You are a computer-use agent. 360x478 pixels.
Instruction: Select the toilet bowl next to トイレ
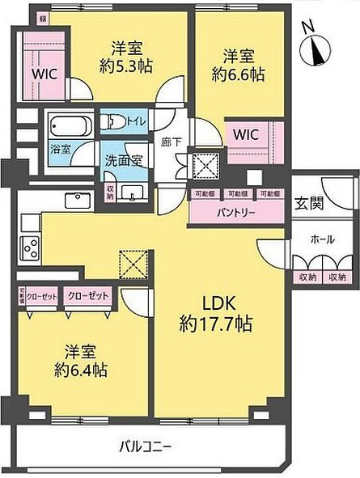pyautogui.click(x=111, y=122)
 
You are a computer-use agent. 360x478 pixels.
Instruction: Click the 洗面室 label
pyautogui.click(x=123, y=160)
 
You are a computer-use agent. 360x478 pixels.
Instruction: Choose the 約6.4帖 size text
pyautogui.click(x=80, y=370)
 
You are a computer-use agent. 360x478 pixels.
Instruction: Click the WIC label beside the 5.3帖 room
pyautogui.click(x=43, y=72)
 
